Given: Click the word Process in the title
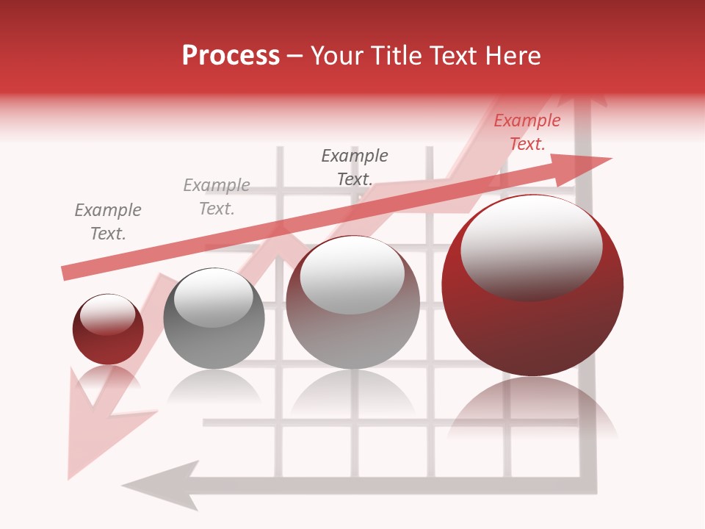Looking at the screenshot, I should pos(231,56).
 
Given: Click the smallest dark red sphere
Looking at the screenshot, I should pos(108,329).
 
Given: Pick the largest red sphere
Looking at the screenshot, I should pos(532,285).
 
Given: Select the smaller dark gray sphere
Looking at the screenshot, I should pos(214,318).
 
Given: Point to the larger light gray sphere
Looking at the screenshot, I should pos(352,302).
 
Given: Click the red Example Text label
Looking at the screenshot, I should pos(527,132).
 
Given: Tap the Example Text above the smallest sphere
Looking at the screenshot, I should pos(108,222).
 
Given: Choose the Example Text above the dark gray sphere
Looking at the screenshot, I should pos(217,197).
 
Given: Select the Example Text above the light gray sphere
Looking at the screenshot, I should pos(355,168).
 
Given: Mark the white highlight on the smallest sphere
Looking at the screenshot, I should pos(108,314).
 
